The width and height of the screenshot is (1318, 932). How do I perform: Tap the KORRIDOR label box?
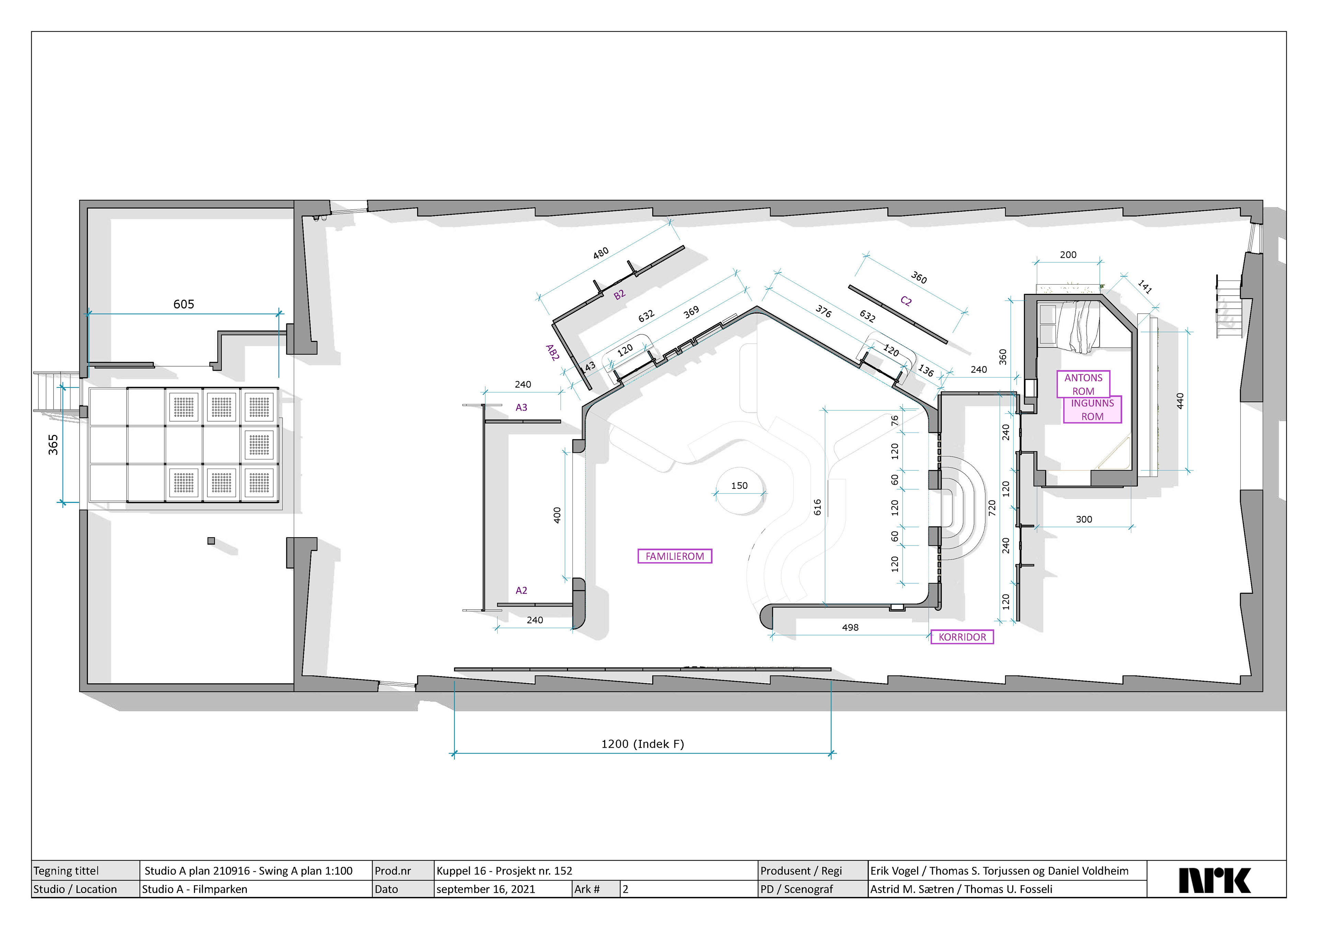[962, 637]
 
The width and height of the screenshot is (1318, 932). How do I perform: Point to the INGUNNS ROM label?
[1092, 410]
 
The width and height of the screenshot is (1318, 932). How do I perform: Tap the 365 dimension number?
[53, 445]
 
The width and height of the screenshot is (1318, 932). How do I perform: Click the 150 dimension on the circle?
[739, 485]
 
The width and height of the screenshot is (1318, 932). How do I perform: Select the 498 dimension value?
[850, 627]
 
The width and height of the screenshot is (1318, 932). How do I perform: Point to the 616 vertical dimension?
[818, 507]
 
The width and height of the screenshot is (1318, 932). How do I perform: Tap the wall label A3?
[521, 407]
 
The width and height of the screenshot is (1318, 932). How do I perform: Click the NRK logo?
[1215, 880]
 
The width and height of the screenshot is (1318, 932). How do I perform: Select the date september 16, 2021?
[486, 889]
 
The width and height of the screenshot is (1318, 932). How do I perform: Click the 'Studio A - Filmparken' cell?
[195, 889]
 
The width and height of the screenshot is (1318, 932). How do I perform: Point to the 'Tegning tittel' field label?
[66, 871]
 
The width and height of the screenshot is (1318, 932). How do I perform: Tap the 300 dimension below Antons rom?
[1084, 519]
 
